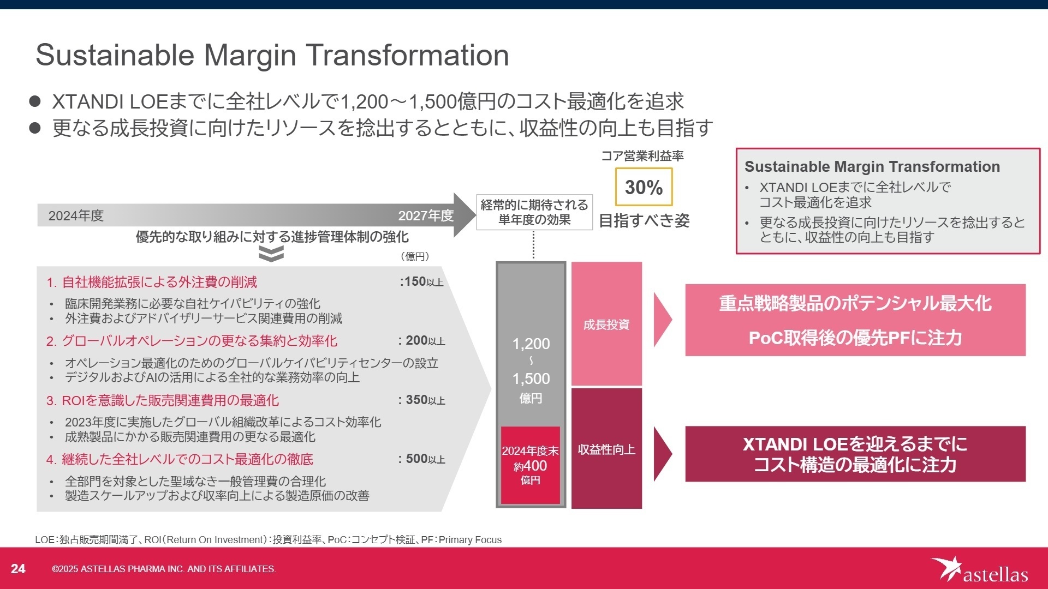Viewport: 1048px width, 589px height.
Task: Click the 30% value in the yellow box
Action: click(x=644, y=187)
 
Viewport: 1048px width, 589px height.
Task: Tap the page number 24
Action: click(x=18, y=569)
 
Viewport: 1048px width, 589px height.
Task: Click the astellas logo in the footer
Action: click(x=979, y=570)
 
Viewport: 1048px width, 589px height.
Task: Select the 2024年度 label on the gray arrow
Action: click(x=76, y=216)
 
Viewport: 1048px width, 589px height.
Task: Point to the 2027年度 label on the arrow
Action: click(x=425, y=216)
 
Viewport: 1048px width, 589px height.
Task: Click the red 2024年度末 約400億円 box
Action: click(x=530, y=465)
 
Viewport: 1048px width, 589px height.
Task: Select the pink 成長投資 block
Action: click(x=606, y=324)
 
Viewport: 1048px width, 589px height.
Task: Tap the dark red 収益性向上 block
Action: click(x=606, y=449)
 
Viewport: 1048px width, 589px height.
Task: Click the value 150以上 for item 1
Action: click(x=422, y=282)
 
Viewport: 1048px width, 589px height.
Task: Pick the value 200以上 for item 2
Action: click(x=422, y=341)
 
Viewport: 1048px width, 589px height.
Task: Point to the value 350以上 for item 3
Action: click(x=422, y=400)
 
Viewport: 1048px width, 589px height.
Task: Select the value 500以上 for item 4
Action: click(x=422, y=459)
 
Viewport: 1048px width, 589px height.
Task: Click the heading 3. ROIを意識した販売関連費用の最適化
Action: click(x=163, y=401)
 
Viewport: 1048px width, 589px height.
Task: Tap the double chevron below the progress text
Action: click(x=271, y=254)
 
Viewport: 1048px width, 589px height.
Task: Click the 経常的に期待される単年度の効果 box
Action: click(x=534, y=213)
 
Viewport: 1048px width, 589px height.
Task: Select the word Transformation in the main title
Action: click(x=407, y=55)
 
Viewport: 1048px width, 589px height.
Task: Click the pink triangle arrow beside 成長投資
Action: click(x=662, y=320)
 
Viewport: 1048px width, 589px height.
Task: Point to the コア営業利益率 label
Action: click(x=642, y=156)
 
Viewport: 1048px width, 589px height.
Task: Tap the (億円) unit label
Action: click(x=415, y=256)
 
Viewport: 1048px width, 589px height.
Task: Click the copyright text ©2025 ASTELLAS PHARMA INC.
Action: click(x=164, y=569)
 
